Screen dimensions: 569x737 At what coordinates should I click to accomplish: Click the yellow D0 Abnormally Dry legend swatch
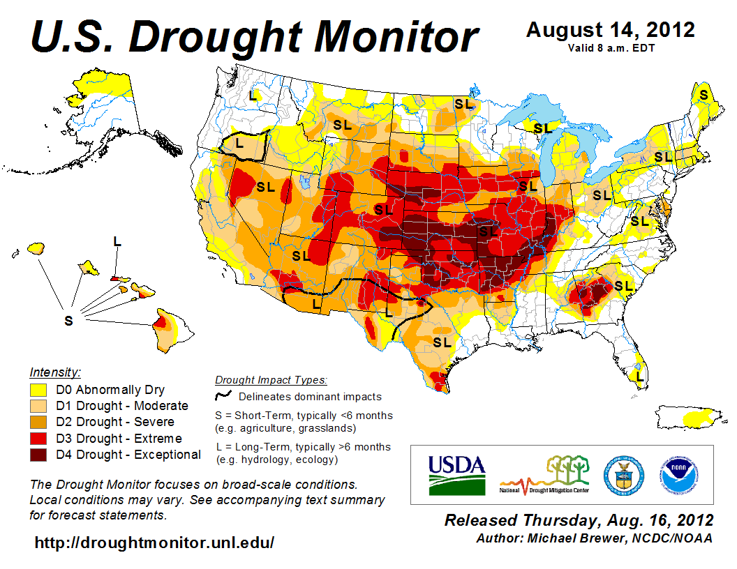click(38, 390)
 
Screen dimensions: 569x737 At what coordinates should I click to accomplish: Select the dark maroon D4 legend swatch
click(38, 455)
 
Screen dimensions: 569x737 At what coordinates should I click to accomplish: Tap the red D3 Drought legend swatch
click(38, 439)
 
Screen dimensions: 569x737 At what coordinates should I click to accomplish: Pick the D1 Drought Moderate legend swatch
click(38, 406)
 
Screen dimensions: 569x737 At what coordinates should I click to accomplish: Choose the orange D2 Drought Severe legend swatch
click(38, 422)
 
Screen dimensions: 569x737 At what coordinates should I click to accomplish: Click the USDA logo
click(456, 475)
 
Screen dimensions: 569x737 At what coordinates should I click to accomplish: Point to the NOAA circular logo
click(680, 474)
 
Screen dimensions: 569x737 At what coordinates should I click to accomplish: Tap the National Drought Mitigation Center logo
click(544, 475)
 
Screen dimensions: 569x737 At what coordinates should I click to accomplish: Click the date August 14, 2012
click(610, 30)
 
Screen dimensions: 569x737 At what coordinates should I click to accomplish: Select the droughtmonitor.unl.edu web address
click(154, 542)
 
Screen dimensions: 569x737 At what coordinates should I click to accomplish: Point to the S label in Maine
click(703, 94)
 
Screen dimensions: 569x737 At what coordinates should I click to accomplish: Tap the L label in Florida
click(639, 377)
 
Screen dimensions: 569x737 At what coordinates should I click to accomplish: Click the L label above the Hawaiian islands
click(117, 241)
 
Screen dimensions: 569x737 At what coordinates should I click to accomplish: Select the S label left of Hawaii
click(68, 320)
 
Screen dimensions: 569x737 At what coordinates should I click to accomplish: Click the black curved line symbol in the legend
click(223, 396)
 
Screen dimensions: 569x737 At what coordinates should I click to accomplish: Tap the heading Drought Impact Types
click(270, 380)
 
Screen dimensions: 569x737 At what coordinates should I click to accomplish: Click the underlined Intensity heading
click(56, 372)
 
